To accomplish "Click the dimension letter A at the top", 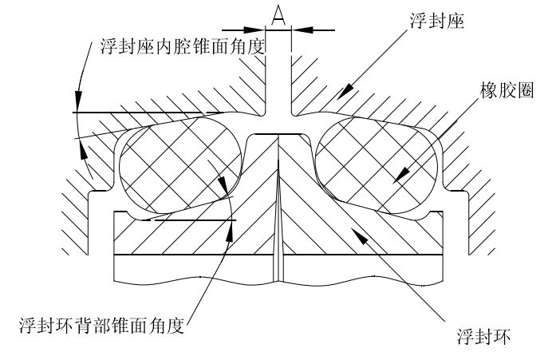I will pyautogui.click(x=278, y=14).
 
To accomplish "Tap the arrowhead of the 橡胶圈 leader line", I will pyautogui.click(x=401, y=174).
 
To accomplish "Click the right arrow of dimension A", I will pyautogui.click(x=298, y=30).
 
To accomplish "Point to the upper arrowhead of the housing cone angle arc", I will pyautogui.click(x=77, y=102).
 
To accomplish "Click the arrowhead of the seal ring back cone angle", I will pyautogui.click(x=232, y=225).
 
